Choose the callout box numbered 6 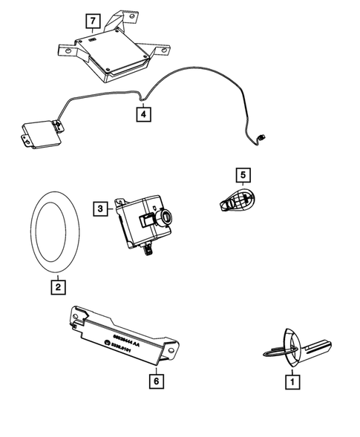tap(156, 381)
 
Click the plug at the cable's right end tap(263, 137)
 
